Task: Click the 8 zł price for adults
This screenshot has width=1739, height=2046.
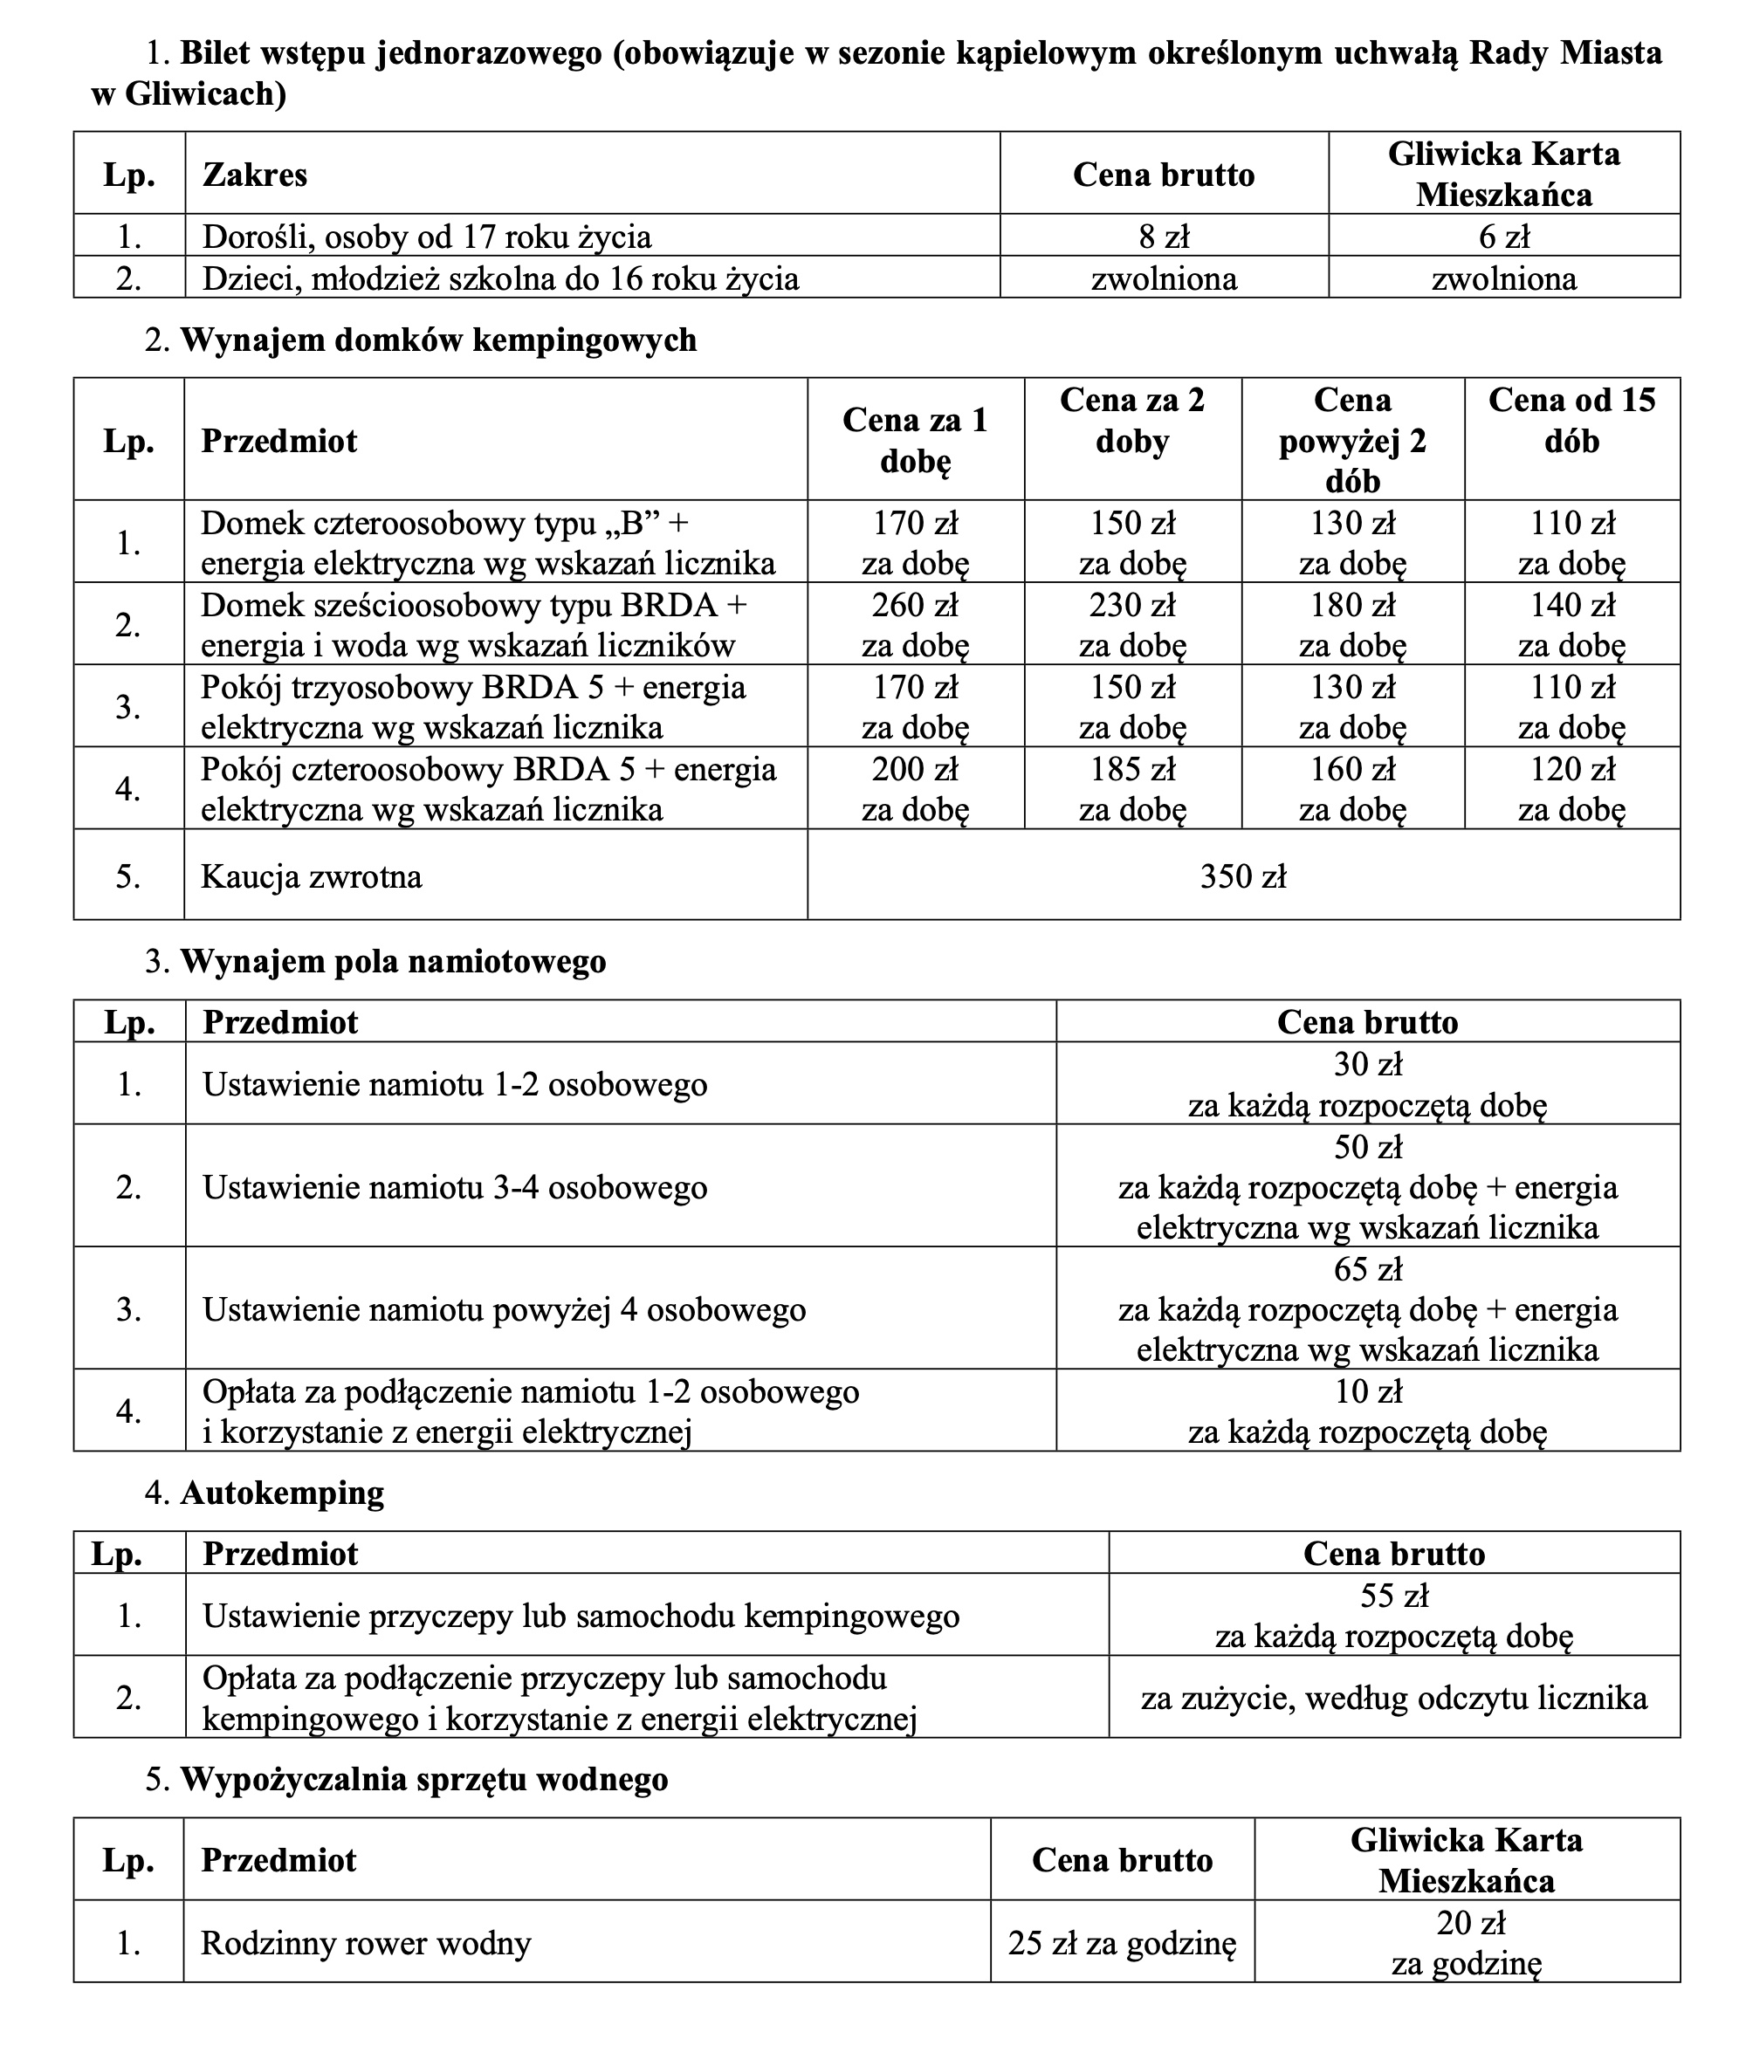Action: click(1164, 237)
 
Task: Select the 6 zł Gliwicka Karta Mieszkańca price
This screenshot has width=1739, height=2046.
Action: click(1503, 237)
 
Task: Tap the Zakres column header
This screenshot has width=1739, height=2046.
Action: click(254, 175)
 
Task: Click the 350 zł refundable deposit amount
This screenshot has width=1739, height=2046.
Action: click(1243, 876)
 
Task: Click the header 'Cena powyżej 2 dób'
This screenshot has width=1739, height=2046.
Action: click(1351, 440)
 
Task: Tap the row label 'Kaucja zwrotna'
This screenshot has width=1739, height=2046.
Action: click(312, 876)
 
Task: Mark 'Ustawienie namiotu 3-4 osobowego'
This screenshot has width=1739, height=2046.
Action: click(455, 1186)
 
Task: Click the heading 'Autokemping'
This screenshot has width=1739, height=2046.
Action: click(282, 1493)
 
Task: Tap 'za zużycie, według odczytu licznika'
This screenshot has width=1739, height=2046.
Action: click(1394, 1698)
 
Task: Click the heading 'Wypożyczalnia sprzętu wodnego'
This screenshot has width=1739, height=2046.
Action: click(424, 1779)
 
